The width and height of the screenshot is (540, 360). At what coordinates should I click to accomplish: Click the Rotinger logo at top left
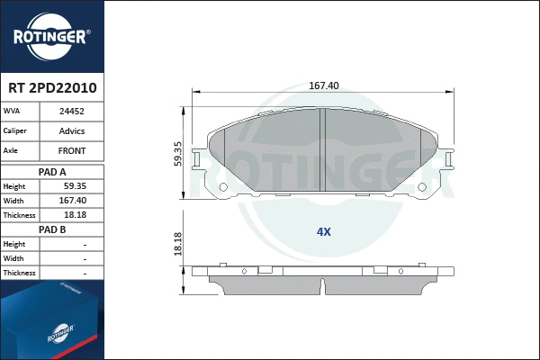point(50,36)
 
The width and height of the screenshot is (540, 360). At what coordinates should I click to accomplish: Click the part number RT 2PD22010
point(52,89)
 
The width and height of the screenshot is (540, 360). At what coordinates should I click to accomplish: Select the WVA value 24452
point(72,112)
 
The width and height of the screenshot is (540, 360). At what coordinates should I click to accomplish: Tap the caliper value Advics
point(72,130)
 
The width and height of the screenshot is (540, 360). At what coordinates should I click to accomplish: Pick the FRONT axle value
point(72,150)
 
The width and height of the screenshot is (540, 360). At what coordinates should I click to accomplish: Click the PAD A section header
point(52,171)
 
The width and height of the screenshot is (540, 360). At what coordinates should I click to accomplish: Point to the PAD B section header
point(52,229)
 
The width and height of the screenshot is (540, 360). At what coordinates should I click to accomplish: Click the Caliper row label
point(15,130)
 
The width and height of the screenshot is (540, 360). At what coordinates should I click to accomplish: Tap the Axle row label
point(12,150)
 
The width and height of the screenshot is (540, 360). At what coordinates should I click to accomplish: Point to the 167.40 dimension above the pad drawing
point(323,85)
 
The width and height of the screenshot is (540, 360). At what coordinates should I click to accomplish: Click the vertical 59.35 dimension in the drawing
point(178,153)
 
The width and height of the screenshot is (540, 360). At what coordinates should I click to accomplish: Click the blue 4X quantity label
point(324,231)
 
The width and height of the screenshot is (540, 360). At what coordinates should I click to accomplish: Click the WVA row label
point(12,112)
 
